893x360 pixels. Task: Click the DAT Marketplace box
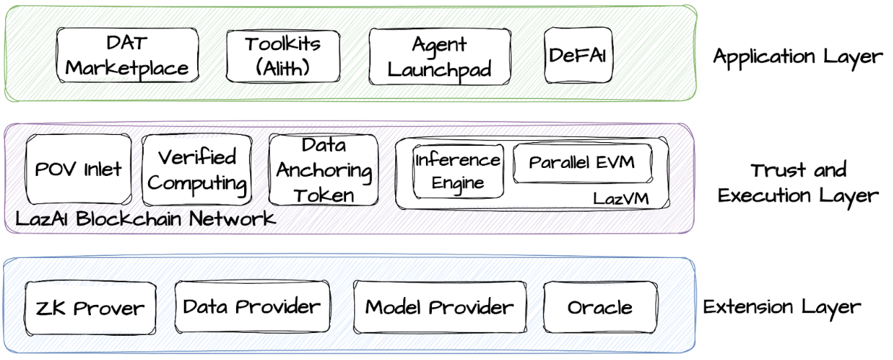coord(127,55)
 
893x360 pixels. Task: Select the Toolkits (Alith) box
coord(282,56)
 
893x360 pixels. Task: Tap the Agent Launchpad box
coord(439,56)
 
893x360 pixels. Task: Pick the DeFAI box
coord(578,55)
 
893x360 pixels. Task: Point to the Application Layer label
coord(798,56)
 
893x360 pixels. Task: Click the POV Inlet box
coord(78,169)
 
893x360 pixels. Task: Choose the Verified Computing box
coord(196,169)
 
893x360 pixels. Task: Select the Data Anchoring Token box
coord(323,169)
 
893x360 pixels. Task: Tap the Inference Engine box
coord(457,171)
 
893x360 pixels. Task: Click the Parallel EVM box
coord(582,163)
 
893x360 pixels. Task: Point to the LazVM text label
coord(620,198)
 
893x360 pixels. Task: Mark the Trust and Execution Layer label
coord(798,183)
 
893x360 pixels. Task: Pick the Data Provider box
coord(251,306)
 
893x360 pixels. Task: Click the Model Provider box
coord(439,306)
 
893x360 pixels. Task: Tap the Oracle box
coord(600,307)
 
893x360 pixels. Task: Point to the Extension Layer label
coord(782,306)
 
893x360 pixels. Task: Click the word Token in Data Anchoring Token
coord(323,195)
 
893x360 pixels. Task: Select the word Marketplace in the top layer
coord(127,68)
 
